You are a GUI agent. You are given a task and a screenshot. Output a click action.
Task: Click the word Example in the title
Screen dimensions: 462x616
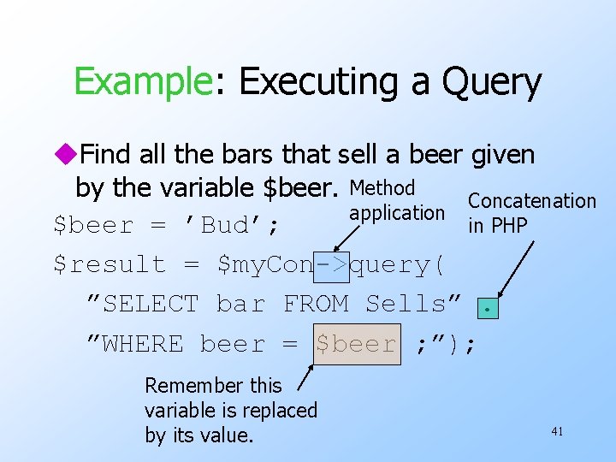142,82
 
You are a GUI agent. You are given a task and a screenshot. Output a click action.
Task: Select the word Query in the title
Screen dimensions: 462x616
500,82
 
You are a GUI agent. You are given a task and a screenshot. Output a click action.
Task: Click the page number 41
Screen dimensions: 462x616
557,432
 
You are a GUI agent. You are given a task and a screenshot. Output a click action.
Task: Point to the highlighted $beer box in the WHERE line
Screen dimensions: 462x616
357,344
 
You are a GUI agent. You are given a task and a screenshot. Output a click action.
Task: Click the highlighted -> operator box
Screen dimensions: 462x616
331,264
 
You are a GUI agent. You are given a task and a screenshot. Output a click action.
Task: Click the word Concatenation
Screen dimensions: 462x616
531,201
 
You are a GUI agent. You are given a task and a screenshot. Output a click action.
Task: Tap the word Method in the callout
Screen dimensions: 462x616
383,188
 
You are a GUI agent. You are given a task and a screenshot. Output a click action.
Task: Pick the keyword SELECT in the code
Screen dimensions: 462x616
150,304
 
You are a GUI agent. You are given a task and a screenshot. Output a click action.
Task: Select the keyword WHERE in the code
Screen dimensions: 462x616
142,344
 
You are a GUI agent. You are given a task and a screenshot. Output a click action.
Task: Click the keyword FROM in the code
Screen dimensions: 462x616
317,304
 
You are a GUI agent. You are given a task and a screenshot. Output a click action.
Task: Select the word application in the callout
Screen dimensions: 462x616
397,212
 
